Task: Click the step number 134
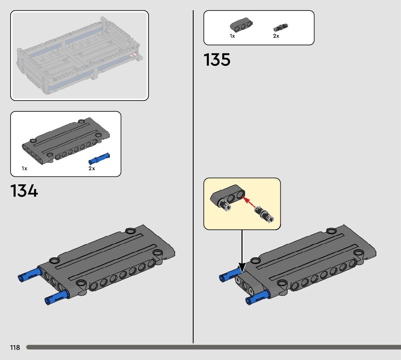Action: pyautogui.click(x=24, y=191)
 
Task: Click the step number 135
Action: pyautogui.click(x=217, y=60)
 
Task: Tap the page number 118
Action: pyautogui.click(x=15, y=348)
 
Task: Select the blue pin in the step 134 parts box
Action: pyautogui.click(x=99, y=159)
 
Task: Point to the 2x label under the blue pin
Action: pyautogui.click(x=92, y=168)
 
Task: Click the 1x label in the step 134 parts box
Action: pyautogui.click(x=24, y=168)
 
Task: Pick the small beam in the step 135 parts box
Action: pyautogui.click(x=241, y=25)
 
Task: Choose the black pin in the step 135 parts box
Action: pyautogui.click(x=281, y=27)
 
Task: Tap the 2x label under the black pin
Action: pyautogui.click(x=276, y=36)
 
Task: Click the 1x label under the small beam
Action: pyautogui.click(x=232, y=36)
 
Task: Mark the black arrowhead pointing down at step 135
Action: pyautogui.click(x=242, y=268)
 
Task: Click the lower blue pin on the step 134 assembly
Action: pyautogui.click(x=57, y=297)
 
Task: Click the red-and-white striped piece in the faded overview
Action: pyautogui.click(x=134, y=56)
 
